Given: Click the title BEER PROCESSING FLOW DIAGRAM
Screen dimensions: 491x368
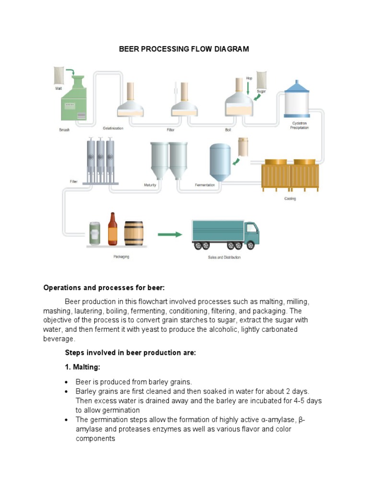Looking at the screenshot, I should click(x=184, y=49).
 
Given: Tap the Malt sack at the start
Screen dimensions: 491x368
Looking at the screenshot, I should click(x=59, y=75).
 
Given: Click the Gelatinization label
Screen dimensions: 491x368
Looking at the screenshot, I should click(x=113, y=129).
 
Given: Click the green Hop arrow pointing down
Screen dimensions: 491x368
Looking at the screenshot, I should click(x=248, y=88).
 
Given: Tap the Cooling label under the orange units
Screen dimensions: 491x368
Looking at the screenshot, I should click(x=290, y=199).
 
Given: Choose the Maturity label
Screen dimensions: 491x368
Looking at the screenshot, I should click(x=150, y=185).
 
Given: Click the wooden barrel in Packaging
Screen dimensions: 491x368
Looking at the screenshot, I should click(x=134, y=234).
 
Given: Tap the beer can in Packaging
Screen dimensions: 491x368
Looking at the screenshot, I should click(x=95, y=234).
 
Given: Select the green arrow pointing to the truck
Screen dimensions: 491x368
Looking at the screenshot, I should click(x=170, y=234).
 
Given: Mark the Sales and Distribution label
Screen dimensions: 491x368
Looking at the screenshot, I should click(x=224, y=257).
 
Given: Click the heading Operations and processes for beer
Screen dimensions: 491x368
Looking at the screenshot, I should click(x=104, y=288).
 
